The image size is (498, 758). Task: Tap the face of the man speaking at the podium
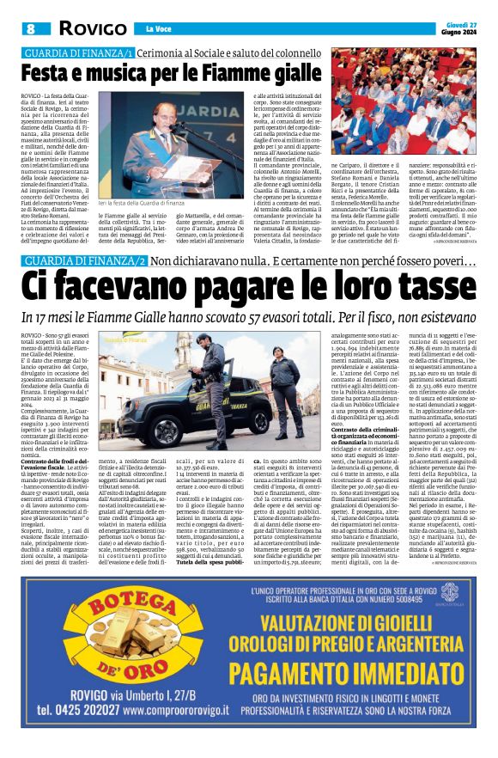(x=165, y=115)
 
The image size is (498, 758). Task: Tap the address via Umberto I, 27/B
(x=160, y=695)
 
